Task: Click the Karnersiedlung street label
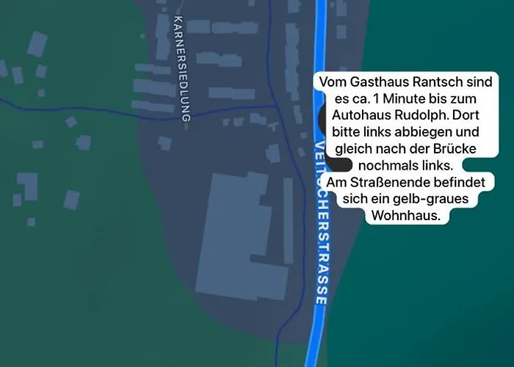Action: coord(184,70)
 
